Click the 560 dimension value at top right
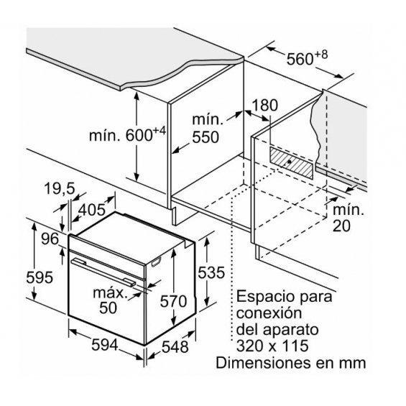click(300, 60)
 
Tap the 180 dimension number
click(264, 106)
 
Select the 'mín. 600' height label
click(127, 134)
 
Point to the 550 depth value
click(206, 137)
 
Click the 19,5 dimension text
click(60, 188)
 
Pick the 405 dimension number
click(92, 210)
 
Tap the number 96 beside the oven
click(50, 239)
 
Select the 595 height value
click(40, 277)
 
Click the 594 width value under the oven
click(105, 345)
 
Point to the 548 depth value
click(175, 347)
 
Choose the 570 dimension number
click(173, 302)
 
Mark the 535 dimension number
click(211, 272)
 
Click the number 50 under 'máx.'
click(109, 308)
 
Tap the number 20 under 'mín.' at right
click(341, 226)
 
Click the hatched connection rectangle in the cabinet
click(291, 163)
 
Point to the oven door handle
click(103, 272)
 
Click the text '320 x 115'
click(272, 346)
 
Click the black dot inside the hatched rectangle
click(290, 162)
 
